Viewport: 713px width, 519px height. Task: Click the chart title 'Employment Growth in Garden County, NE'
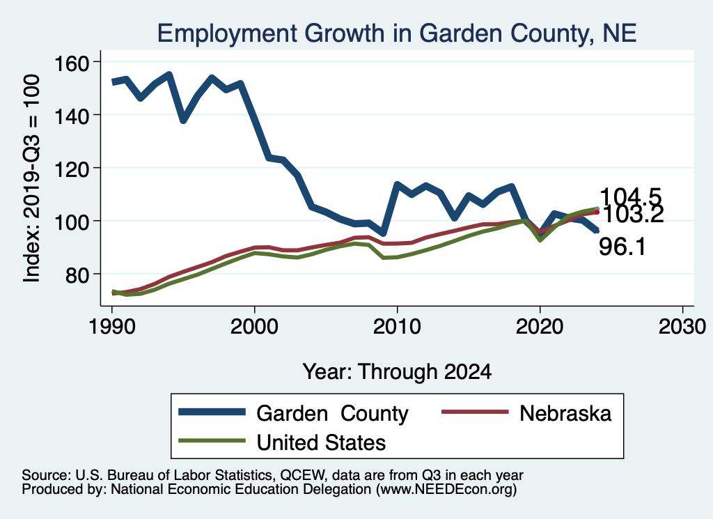tap(397, 33)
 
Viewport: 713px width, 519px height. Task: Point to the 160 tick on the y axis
tap(72, 63)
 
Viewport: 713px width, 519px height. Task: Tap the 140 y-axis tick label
tap(72, 115)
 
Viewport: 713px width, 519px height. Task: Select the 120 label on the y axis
tap(72, 168)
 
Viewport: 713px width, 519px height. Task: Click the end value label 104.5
tap(630, 197)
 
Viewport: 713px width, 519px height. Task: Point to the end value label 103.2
tap(632, 215)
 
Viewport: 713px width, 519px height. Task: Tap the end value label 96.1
tap(622, 245)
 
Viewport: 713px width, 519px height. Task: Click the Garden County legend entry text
tap(332, 414)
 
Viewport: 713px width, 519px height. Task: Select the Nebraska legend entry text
tap(565, 414)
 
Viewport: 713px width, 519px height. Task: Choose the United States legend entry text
tap(322, 442)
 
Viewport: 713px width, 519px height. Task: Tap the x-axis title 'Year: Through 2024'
tap(397, 371)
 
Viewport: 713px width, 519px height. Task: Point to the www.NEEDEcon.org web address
tap(446, 490)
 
